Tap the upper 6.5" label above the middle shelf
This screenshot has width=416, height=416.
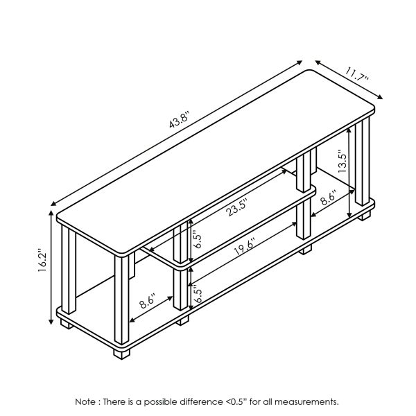click(198, 240)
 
